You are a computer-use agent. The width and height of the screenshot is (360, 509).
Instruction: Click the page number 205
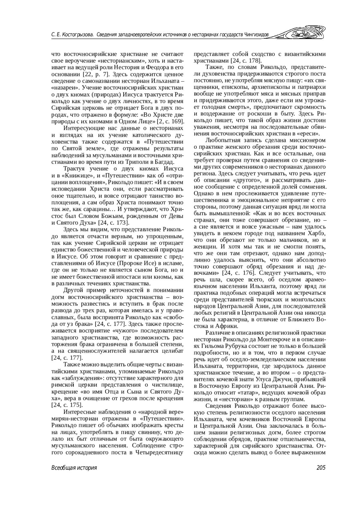tap(321, 468)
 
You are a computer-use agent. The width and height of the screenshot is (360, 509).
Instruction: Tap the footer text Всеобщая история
tap(74, 468)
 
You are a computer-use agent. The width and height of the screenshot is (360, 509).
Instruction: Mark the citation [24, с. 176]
tap(238, 273)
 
